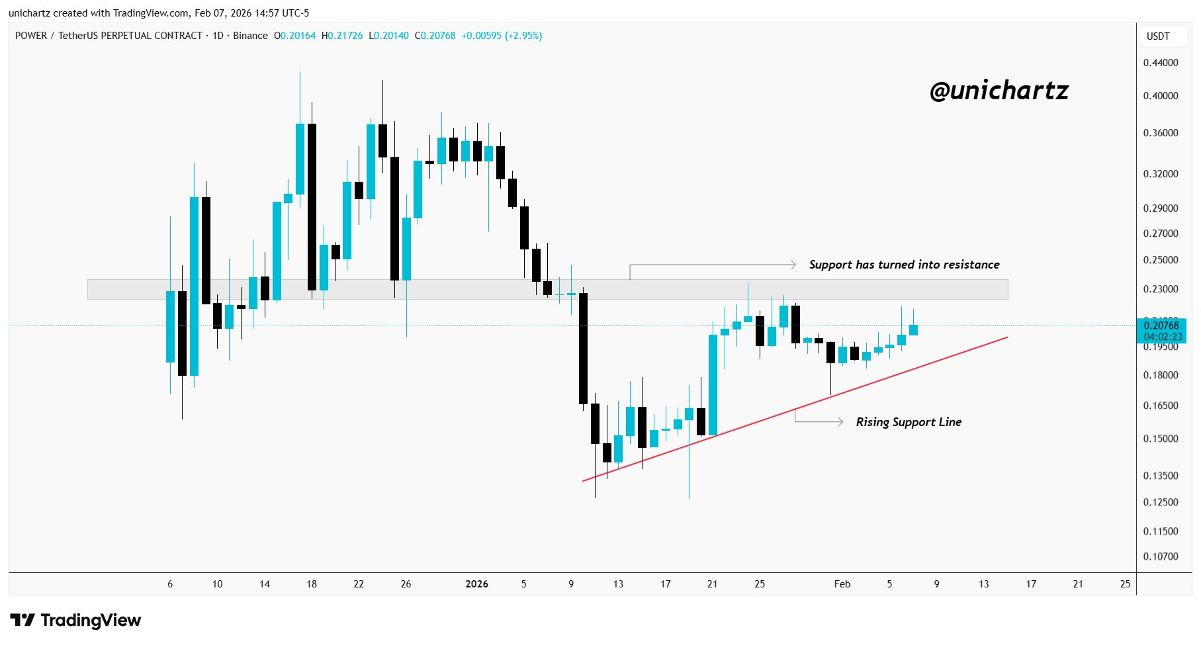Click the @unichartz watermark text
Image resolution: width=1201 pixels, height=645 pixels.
tap(999, 91)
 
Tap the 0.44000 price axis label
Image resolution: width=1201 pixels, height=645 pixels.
tap(1161, 63)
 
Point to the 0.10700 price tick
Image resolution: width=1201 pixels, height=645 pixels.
tap(1161, 556)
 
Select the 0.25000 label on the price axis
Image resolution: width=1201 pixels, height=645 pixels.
tap(1161, 260)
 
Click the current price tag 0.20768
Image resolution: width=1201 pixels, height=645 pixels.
tap(1161, 325)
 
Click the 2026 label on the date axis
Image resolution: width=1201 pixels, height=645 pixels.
tap(476, 584)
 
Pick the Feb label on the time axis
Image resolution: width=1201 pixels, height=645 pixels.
tap(842, 584)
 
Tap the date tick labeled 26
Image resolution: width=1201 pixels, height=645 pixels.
tap(406, 584)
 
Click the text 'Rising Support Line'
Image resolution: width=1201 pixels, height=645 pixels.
tap(909, 422)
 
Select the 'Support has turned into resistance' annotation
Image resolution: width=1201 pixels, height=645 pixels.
tap(904, 265)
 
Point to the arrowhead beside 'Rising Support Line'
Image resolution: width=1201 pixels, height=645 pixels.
tap(840, 422)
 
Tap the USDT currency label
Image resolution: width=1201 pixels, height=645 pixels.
tap(1158, 36)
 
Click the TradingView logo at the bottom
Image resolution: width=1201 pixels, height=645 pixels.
tap(76, 621)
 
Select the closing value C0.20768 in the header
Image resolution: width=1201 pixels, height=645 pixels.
tap(435, 36)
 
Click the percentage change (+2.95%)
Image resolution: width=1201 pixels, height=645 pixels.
tap(523, 36)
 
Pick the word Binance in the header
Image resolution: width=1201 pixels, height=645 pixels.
tap(250, 36)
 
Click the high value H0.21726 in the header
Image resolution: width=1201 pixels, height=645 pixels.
tap(342, 36)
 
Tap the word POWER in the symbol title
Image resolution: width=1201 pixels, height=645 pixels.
tap(31, 36)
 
